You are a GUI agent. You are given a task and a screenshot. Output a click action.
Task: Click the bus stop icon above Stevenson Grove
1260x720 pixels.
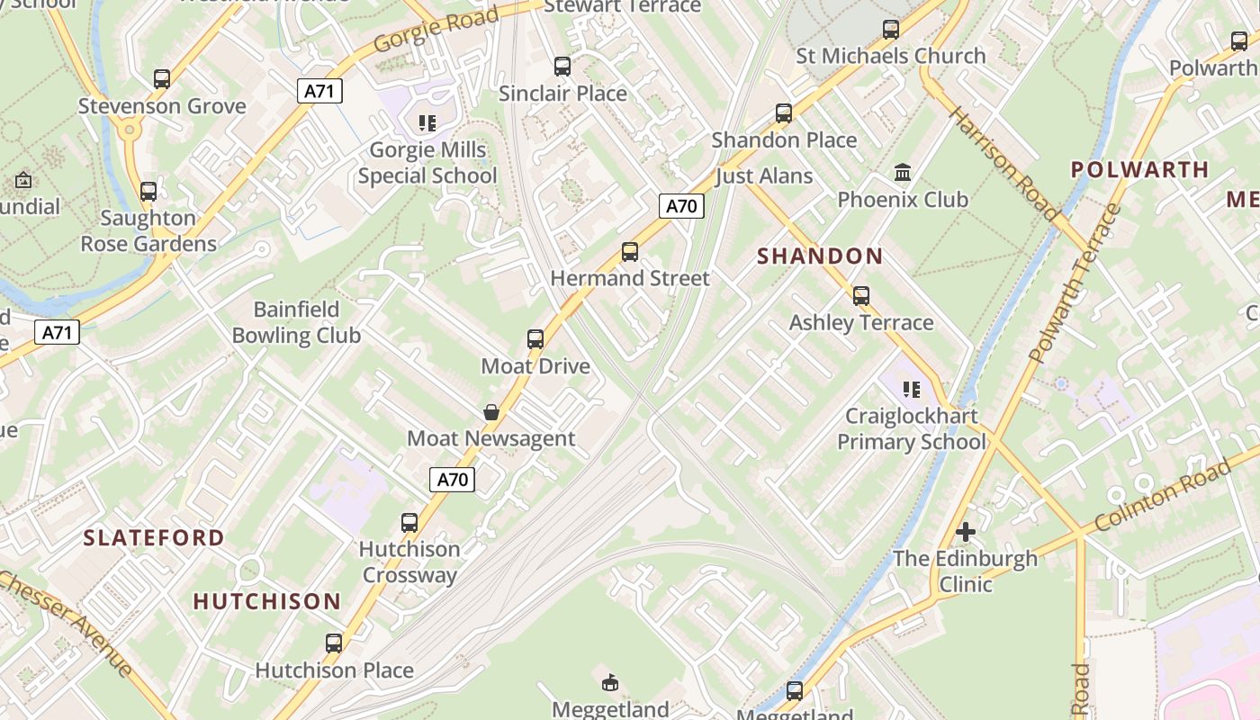click(x=162, y=79)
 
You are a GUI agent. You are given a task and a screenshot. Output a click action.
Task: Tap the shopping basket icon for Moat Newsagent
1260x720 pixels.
click(x=491, y=412)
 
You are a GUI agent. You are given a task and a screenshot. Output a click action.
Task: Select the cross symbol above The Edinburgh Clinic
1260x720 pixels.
click(x=966, y=532)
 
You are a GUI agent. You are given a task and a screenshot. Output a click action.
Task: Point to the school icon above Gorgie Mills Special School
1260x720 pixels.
click(x=427, y=123)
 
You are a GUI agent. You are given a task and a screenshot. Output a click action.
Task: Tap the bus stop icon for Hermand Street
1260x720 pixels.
click(x=630, y=252)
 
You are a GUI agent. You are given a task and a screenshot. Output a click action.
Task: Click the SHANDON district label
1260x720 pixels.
click(x=820, y=256)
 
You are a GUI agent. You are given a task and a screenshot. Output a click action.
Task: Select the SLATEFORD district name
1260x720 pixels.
click(x=154, y=538)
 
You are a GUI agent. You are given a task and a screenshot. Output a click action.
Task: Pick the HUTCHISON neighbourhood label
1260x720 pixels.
click(x=267, y=601)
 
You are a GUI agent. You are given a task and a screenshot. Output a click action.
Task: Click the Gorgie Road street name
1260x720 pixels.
click(x=436, y=30)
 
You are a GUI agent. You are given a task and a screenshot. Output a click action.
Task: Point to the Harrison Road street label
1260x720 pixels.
click(x=1003, y=163)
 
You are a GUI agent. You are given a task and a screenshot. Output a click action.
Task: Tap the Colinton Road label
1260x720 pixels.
click(x=1162, y=497)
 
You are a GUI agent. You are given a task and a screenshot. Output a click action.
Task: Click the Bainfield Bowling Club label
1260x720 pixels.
click(x=296, y=322)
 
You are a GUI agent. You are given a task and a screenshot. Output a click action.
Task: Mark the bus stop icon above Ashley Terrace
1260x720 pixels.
click(x=861, y=296)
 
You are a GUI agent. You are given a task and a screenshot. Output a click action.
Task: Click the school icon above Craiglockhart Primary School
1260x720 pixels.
click(x=912, y=390)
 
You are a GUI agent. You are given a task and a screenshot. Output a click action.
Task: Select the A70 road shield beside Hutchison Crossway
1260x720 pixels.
click(x=452, y=480)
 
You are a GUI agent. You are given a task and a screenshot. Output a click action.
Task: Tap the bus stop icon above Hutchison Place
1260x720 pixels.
click(x=334, y=643)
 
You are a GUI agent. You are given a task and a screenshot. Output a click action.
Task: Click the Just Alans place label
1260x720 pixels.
click(x=764, y=176)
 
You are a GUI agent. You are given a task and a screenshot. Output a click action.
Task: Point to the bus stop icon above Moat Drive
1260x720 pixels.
click(x=535, y=339)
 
